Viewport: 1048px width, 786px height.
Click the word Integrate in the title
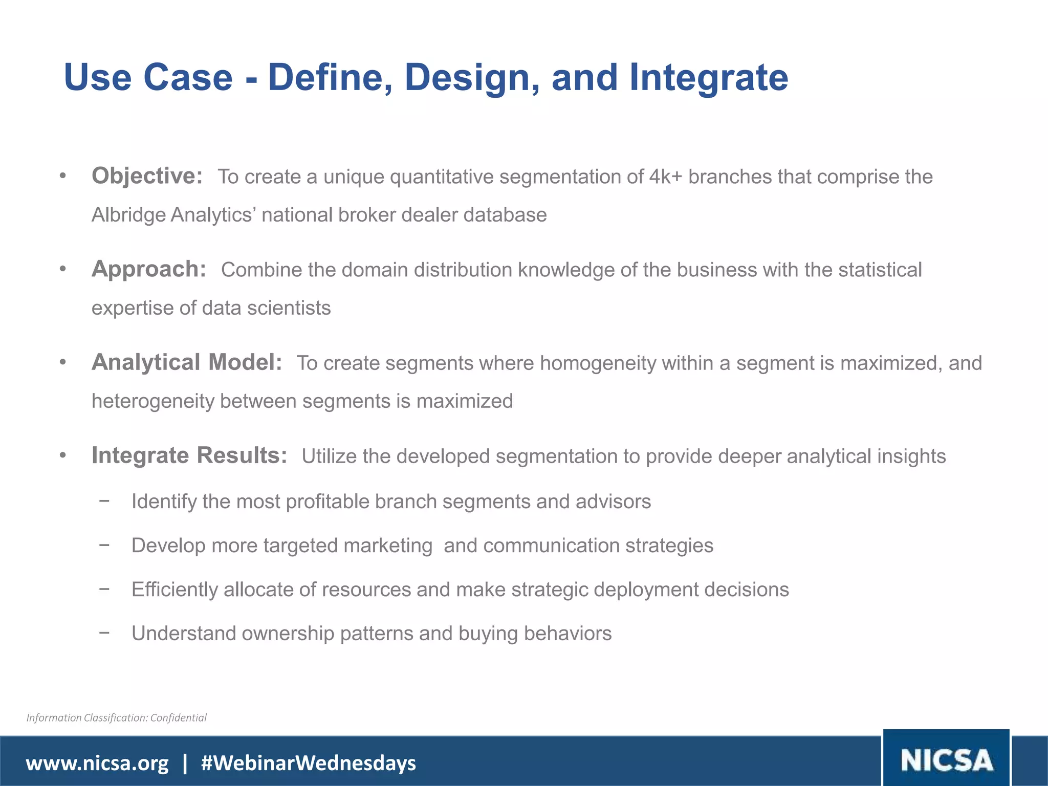(x=709, y=78)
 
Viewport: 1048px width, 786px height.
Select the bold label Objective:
(x=147, y=176)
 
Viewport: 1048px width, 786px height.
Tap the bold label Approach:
(x=148, y=269)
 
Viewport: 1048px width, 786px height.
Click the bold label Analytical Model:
(x=187, y=362)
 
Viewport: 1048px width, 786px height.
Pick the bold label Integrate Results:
(x=189, y=455)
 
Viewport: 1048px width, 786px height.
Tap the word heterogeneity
(x=152, y=401)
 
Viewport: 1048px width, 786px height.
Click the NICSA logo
(x=946, y=760)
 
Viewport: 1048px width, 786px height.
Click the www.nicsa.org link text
(x=97, y=763)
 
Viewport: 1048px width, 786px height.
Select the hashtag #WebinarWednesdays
(x=309, y=763)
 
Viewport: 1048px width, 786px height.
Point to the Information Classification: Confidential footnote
(x=117, y=718)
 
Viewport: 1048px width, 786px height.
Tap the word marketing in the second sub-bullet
(x=388, y=546)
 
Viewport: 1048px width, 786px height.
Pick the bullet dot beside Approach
(x=62, y=269)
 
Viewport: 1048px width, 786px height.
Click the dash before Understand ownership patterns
(x=104, y=632)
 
